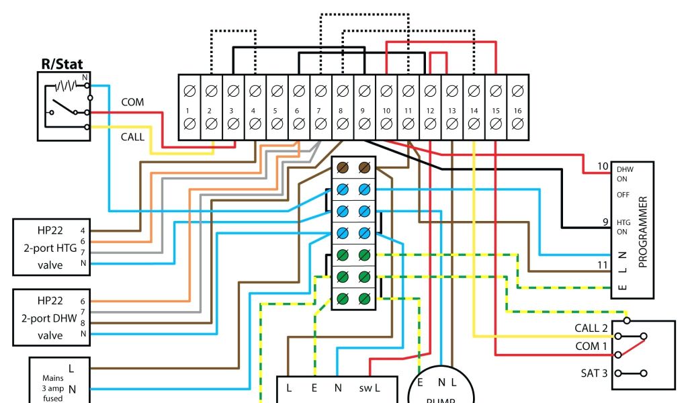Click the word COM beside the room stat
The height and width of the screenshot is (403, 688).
pyautogui.click(x=132, y=102)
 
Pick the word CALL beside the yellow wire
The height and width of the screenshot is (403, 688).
pyautogui.click(x=132, y=136)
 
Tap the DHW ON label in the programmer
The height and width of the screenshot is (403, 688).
pyautogui.click(x=625, y=174)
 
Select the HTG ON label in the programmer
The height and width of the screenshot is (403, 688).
pyautogui.click(x=625, y=227)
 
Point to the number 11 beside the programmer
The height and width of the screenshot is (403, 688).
pyautogui.click(x=602, y=266)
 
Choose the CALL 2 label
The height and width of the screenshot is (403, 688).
pyautogui.click(x=591, y=328)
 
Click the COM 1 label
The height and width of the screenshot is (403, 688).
pyautogui.click(x=591, y=346)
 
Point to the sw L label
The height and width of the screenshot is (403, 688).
pyautogui.click(x=369, y=388)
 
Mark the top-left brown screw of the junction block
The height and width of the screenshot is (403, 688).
pyautogui.click(x=343, y=168)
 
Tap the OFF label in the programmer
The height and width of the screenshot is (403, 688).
pyautogui.click(x=623, y=195)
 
